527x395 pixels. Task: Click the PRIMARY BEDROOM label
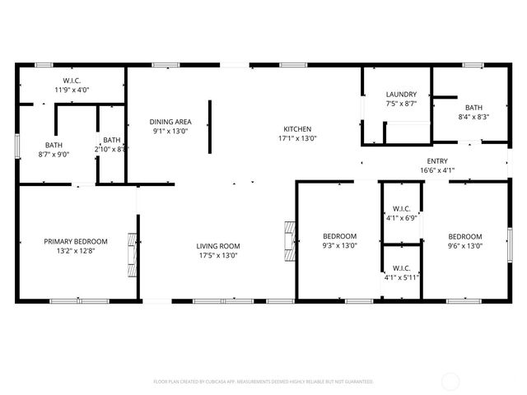pos(76,241)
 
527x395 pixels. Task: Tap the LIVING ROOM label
pos(217,246)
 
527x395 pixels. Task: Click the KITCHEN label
pos(297,129)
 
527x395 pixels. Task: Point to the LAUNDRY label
pos(401,95)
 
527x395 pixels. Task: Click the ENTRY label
pos(436,161)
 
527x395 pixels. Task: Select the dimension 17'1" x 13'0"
pos(297,138)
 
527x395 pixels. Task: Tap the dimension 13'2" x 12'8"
pos(76,250)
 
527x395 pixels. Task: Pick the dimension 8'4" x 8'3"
pos(473,117)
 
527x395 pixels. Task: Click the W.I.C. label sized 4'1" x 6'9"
pos(402,209)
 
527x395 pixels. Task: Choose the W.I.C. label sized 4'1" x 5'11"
pos(402,267)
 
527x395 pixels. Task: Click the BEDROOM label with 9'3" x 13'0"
pos(339,236)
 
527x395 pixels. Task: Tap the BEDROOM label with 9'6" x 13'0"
pos(464,236)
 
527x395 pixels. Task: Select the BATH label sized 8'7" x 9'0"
pos(54,145)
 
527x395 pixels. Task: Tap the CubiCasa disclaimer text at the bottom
pos(263,382)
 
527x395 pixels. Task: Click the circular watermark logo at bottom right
pos(450,381)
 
